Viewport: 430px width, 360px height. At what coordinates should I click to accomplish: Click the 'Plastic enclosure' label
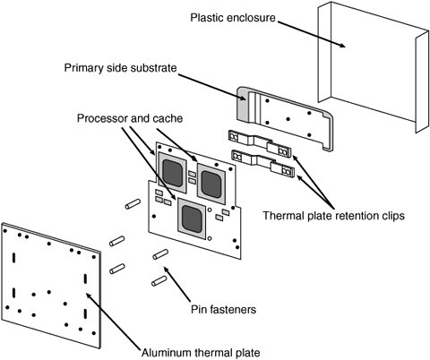pos(233,18)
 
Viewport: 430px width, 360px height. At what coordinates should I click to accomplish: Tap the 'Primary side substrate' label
pos(120,68)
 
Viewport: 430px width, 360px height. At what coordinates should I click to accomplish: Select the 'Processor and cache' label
pos(130,118)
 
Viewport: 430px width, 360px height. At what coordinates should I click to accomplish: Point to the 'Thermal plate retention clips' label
pos(333,216)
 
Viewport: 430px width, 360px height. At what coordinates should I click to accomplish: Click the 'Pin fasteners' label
pos(223,309)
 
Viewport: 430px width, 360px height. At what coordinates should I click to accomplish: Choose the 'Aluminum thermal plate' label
pos(201,353)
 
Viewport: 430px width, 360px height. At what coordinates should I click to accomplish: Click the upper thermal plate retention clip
pos(259,143)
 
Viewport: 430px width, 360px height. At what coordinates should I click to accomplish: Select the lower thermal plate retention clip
pos(262,163)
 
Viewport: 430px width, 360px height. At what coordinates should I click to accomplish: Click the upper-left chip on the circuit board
pos(173,172)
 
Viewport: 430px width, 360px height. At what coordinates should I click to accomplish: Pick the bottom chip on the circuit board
pos(192,219)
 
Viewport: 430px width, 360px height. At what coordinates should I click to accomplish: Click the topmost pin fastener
pos(133,203)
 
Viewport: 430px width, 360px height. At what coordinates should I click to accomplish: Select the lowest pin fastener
pos(159,281)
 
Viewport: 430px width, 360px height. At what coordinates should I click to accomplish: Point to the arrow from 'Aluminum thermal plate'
pos(113,321)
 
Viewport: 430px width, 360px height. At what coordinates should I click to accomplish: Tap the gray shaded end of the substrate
pos(243,104)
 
